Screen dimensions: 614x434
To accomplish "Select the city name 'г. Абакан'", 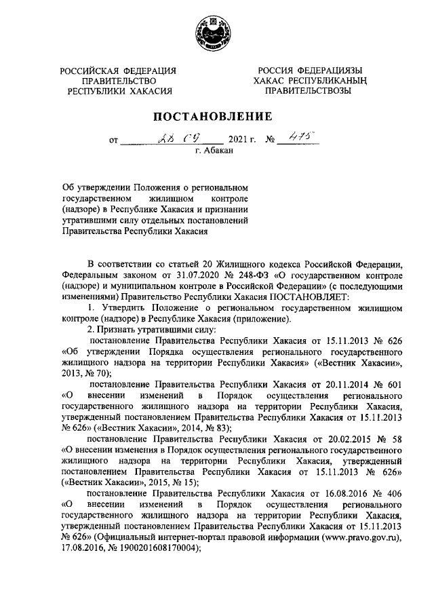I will [x=214, y=153].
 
